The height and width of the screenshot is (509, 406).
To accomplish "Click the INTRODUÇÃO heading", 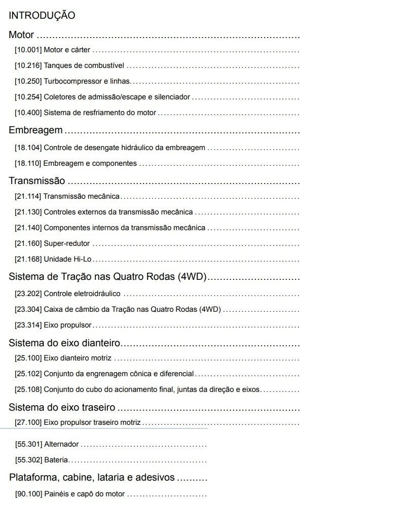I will click(x=42, y=16).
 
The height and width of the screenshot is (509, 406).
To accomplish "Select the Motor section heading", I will click(x=21, y=35).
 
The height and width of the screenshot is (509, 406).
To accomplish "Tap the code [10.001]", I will click(x=28, y=50).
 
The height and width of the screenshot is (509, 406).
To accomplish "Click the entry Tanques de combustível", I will click(x=84, y=66).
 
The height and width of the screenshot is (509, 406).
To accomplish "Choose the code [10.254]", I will click(x=28, y=97).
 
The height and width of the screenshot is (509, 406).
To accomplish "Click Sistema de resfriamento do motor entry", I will click(x=100, y=113).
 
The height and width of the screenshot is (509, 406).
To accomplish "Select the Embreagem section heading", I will click(x=35, y=130).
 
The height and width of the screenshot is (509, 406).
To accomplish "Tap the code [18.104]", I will click(x=28, y=148).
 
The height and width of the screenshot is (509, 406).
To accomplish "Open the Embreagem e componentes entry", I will click(x=90, y=163).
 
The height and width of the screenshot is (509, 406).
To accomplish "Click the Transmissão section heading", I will click(x=37, y=181).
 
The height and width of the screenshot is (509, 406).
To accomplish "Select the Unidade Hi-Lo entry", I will click(x=67, y=259).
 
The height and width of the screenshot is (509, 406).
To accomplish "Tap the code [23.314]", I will click(x=28, y=324).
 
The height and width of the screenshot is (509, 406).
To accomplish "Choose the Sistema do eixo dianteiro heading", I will click(x=65, y=343).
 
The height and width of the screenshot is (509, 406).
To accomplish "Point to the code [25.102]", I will click(x=28, y=374).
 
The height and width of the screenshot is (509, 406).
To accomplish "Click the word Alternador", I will click(x=61, y=444).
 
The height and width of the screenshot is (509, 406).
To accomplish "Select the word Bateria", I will click(x=56, y=460).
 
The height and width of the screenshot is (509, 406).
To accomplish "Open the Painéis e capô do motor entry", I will click(x=84, y=494).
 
